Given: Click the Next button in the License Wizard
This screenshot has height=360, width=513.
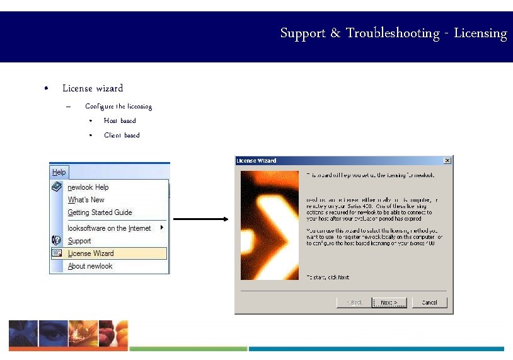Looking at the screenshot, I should pos(389,303).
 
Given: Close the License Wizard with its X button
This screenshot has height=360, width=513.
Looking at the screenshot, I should pos(447,161).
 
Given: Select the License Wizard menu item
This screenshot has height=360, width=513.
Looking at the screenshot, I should pos(91,253).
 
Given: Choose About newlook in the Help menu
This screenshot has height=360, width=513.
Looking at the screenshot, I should pos(90,266).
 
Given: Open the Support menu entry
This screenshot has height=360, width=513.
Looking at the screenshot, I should pos(79,241).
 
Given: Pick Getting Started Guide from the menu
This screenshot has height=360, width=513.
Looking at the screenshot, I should pos(100,212).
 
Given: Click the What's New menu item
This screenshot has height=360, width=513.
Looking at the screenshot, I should pos(86,200).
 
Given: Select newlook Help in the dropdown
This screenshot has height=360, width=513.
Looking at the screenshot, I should pos(88,187).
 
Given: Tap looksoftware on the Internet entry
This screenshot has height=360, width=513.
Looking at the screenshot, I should pos(109,228).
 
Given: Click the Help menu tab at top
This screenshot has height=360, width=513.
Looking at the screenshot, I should pos(59,172).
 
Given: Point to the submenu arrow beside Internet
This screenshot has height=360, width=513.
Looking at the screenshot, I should pos(162,228).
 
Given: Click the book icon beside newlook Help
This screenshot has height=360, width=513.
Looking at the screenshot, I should pos(57,187).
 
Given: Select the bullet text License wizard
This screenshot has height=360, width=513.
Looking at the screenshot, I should pos(93,88).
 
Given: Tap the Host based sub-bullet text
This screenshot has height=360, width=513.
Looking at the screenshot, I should pos(120,120).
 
